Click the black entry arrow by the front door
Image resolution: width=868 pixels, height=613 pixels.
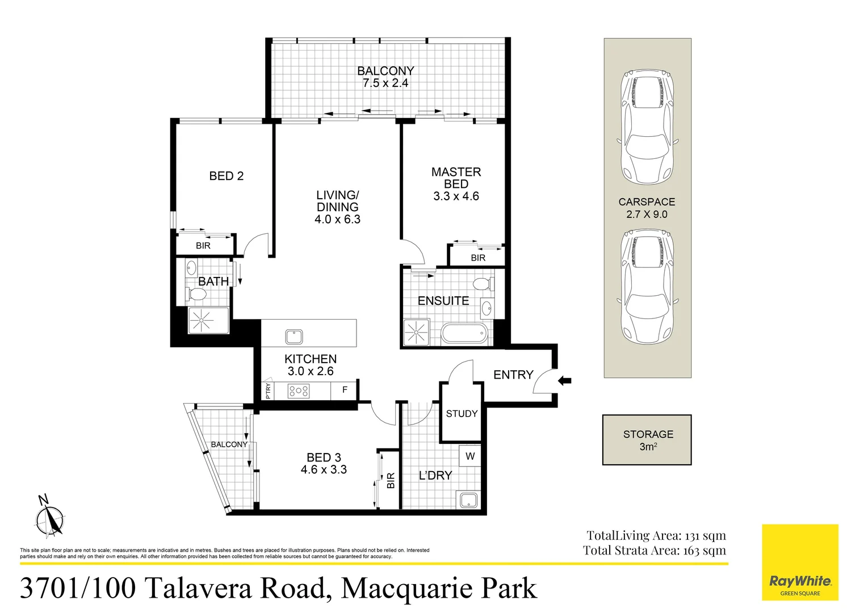[564, 381]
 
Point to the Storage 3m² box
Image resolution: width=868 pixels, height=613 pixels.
[647, 440]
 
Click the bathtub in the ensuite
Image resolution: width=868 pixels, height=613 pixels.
[464, 333]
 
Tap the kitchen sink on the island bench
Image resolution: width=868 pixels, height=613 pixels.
[294, 337]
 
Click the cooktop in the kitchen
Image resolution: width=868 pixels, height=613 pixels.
[299, 391]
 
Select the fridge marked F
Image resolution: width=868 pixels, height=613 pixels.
[345, 390]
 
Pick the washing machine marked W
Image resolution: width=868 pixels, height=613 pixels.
[470, 456]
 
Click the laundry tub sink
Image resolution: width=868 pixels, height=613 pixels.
[469, 499]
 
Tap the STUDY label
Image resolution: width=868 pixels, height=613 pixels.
[462, 414]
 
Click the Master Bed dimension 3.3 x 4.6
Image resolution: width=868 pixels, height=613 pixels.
[456, 196]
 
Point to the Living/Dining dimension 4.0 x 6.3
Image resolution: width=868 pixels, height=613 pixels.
[337, 220]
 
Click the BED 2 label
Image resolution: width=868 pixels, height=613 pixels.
[226, 176]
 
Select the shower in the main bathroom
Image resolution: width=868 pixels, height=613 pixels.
[202, 321]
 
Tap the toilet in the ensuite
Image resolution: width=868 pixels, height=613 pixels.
[483, 283]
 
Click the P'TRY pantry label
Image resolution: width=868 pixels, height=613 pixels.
[268, 391]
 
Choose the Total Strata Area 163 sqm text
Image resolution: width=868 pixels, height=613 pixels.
[654, 550]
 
